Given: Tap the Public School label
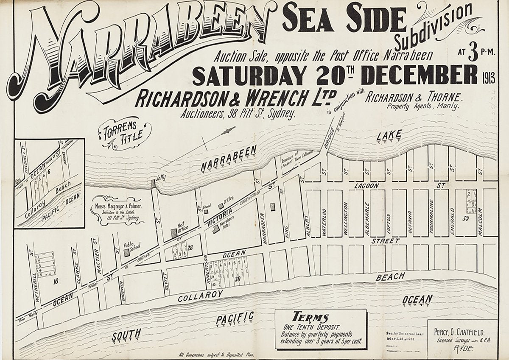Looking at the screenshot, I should (x=129, y=245).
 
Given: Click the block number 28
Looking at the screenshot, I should (x=190, y=248).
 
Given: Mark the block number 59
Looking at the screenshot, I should (x=465, y=218).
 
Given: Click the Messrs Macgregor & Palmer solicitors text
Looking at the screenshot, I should (x=117, y=212).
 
